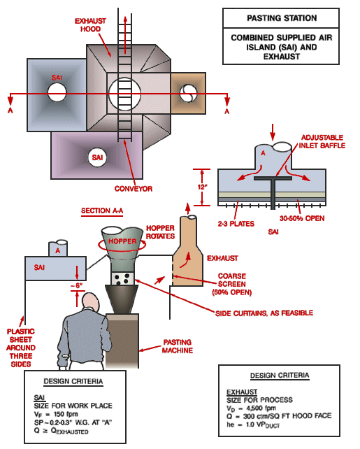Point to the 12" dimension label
click(200, 187)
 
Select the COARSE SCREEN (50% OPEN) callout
click(235, 287)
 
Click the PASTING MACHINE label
click(178, 346)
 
